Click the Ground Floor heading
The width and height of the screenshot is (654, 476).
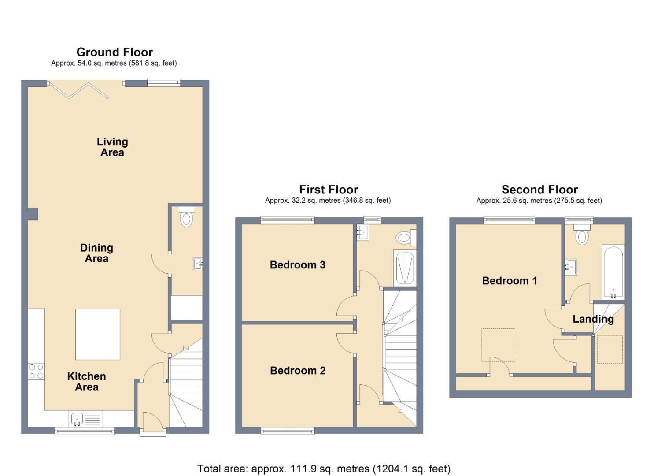(x=115, y=52)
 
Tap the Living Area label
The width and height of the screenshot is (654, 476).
(x=112, y=147)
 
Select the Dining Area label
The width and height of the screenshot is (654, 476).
(x=96, y=253)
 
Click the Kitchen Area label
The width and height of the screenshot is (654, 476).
(x=86, y=382)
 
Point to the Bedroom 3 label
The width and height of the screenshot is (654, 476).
(x=297, y=265)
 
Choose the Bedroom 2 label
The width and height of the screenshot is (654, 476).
(x=298, y=371)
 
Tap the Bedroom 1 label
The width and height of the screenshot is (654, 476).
(x=510, y=281)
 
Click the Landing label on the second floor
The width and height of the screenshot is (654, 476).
(x=593, y=319)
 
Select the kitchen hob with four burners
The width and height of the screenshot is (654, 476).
(x=36, y=372)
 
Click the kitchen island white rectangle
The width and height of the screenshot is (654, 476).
(x=98, y=335)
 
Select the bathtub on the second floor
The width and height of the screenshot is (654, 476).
(x=613, y=272)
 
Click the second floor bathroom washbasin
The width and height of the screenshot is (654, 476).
(x=571, y=267)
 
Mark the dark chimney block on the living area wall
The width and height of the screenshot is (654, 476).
(x=33, y=214)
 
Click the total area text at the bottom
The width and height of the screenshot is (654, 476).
(x=324, y=469)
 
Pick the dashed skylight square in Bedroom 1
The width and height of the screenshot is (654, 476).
(x=498, y=345)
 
